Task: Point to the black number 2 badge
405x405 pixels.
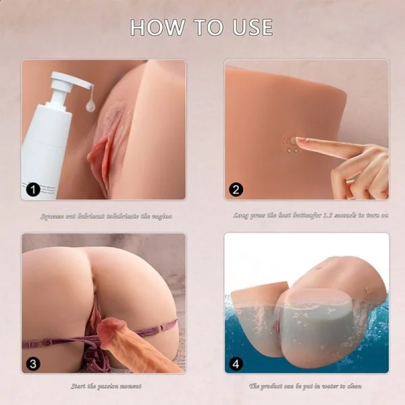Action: [236, 190]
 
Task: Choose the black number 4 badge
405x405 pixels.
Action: [236, 364]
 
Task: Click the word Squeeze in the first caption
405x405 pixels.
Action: [52, 216]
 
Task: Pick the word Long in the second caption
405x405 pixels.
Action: [241, 216]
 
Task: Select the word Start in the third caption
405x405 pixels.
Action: [79, 387]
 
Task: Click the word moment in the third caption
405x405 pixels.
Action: [131, 387]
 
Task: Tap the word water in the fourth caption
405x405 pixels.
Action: [331, 387]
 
